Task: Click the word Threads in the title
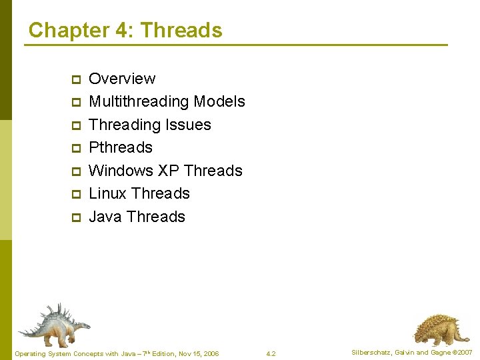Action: (x=181, y=30)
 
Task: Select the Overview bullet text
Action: (x=122, y=79)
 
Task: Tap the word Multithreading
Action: (x=139, y=101)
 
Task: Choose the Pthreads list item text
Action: (x=121, y=147)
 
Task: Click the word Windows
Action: (x=121, y=171)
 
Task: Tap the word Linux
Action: (x=107, y=193)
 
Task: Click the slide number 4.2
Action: (x=271, y=353)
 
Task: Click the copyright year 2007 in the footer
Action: (x=464, y=353)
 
